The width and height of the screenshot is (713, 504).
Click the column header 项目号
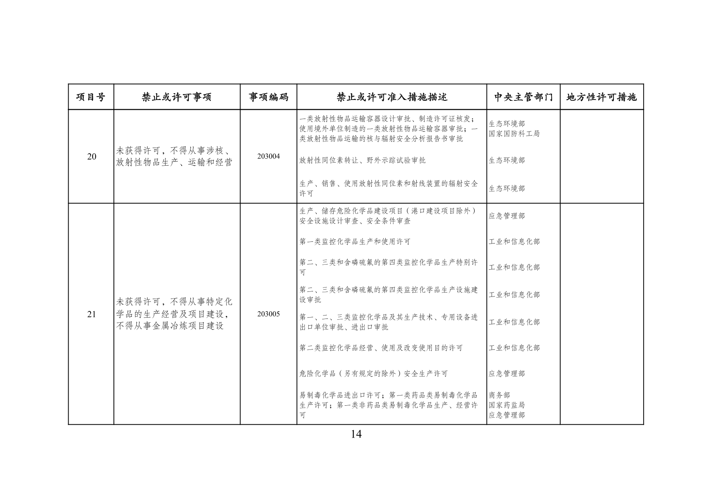[x=91, y=97]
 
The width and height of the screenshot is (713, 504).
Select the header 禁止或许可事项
[x=177, y=97]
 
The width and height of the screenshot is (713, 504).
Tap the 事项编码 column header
[x=268, y=97]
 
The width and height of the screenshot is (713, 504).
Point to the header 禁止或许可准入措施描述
[x=392, y=97]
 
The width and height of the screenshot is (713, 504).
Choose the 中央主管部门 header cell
[x=523, y=97]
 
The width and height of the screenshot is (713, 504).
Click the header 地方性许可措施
[x=601, y=97]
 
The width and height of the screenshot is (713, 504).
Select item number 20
[x=91, y=157]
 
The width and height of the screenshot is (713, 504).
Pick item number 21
[x=91, y=314]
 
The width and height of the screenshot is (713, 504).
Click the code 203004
[x=268, y=156]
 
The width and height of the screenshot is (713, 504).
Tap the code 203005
[x=268, y=314]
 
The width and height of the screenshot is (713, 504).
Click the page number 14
[x=356, y=434]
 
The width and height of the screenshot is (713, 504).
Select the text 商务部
[x=499, y=395]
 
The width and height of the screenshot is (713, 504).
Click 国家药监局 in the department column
[x=506, y=405]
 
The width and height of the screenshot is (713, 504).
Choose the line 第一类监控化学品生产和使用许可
[x=355, y=242]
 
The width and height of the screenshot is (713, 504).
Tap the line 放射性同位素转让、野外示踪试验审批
[x=362, y=160]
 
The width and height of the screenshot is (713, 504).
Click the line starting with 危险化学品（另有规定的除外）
[x=373, y=374]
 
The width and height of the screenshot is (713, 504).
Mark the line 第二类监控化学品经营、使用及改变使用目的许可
[x=381, y=348]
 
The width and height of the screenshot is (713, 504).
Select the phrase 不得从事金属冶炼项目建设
[x=170, y=326]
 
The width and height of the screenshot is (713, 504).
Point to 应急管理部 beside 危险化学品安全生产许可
[x=506, y=374]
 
